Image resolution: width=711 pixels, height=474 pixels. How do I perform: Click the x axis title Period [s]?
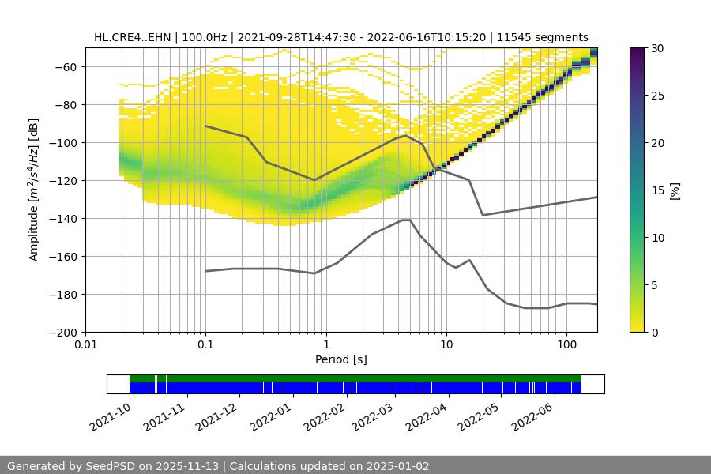coord(340,359)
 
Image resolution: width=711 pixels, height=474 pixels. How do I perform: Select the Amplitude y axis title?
coord(34,190)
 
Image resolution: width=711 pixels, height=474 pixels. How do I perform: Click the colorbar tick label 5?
coord(656,285)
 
